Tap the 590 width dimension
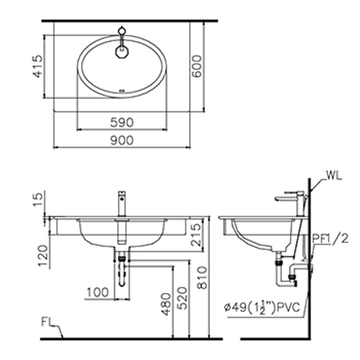[122, 122]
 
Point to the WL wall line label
[334, 176]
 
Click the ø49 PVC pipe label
[265, 307]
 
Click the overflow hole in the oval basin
[122, 91]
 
